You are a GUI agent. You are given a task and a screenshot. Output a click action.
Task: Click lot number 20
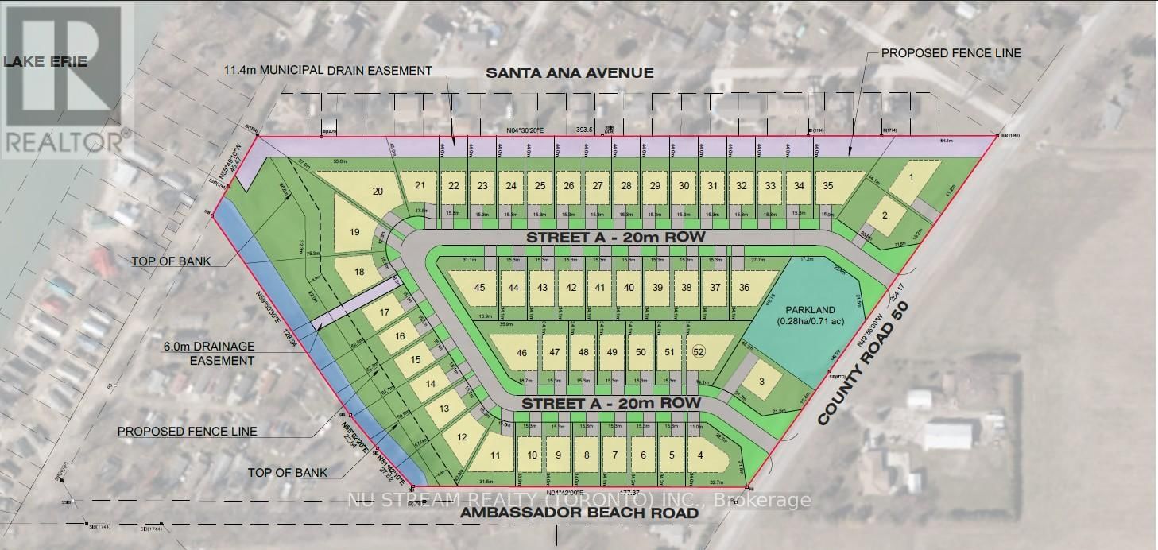click(x=378, y=191)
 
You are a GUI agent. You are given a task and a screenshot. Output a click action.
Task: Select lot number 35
click(x=827, y=186)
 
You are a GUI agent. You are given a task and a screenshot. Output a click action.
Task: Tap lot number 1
click(x=911, y=179)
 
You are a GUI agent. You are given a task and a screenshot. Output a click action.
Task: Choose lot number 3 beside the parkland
click(x=761, y=382)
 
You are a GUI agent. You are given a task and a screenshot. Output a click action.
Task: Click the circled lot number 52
click(x=699, y=351)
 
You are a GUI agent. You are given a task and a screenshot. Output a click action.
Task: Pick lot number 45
click(x=479, y=288)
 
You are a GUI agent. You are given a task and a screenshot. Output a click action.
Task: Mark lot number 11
click(x=495, y=455)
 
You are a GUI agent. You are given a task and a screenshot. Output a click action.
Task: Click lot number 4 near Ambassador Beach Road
click(x=700, y=455)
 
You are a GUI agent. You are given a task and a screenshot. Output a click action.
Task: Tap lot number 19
click(x=355, y=232)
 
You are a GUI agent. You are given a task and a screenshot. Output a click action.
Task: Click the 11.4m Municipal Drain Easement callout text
click(x=328, y=71)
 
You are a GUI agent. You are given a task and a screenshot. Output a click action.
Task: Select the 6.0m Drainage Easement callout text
click(x=210, y=353)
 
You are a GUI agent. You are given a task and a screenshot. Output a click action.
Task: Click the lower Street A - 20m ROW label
click(x=610, y=404)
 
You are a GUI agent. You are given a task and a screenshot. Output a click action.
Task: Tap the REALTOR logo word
click(x=65, y=141)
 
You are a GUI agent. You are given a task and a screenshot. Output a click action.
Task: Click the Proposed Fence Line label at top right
click(x=951, y=53)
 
